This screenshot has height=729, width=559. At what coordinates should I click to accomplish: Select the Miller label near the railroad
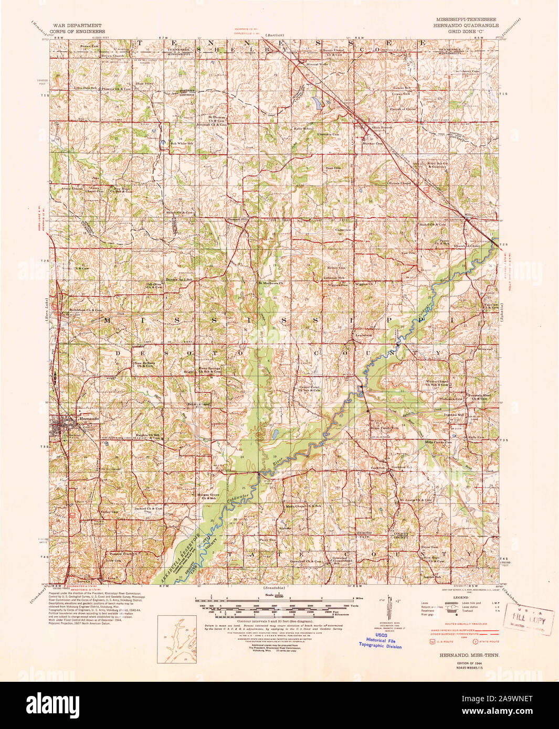pos(469,215)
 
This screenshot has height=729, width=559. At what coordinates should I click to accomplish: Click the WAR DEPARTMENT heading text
pos(77,25)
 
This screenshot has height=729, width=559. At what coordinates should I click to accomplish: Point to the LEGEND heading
pos(460,597)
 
